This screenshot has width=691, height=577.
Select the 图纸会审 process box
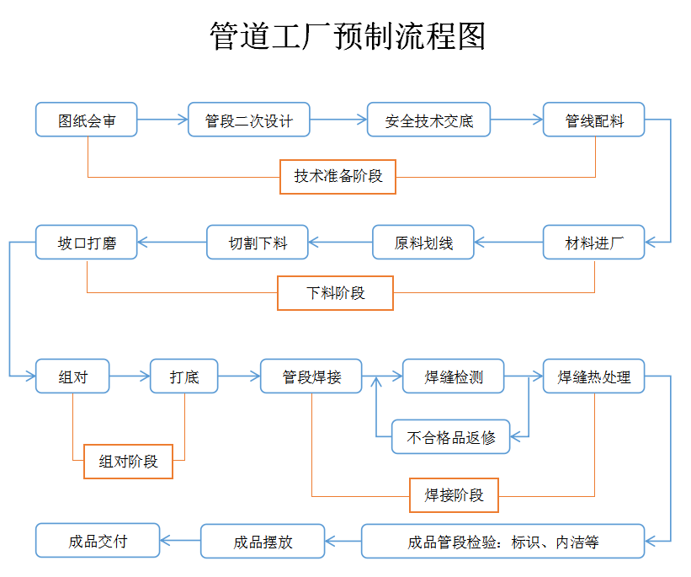point(86,120)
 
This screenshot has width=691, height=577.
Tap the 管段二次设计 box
point(248,120)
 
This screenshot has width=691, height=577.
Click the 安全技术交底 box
point(428,120)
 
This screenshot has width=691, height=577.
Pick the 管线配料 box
point(593,120)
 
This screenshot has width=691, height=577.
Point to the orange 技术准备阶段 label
point(338,177)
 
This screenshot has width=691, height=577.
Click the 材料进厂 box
point(593,243)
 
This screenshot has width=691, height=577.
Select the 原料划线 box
point(423,243)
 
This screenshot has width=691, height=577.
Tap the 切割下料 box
point(258,243)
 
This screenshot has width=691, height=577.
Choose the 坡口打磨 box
point(86,243)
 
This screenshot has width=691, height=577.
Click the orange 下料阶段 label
point(335,293)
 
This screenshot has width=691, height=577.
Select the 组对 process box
point(72,377)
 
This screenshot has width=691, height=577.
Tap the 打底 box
point(183,377)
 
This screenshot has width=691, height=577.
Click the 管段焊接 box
point(311,377)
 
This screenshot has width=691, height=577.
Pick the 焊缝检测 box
point(453,377)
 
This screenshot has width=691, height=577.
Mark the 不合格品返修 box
point(450,436)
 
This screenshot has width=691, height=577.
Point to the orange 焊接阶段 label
point(454,494)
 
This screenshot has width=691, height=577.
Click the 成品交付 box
point(98,541)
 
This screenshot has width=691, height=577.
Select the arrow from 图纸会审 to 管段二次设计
point(162,120)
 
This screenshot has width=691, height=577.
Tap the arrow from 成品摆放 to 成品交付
point(180,541)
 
